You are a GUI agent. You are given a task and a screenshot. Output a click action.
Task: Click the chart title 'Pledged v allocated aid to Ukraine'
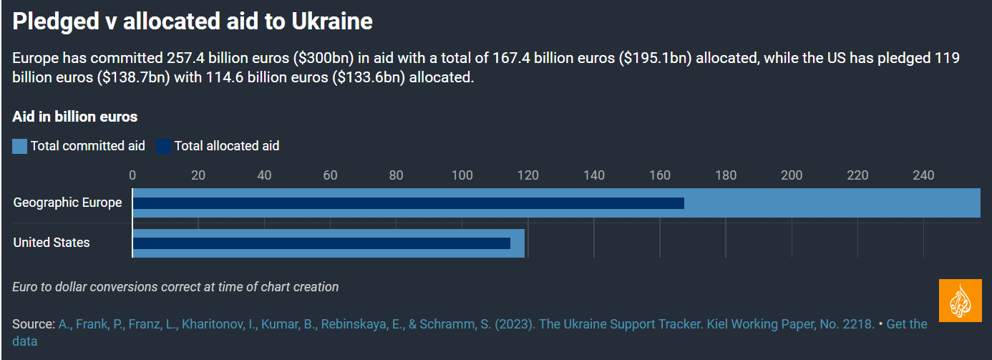193,21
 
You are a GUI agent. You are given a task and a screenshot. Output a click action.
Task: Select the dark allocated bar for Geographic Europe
408,203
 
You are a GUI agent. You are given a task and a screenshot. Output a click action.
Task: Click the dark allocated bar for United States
321,243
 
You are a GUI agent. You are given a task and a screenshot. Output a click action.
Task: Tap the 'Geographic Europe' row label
67,203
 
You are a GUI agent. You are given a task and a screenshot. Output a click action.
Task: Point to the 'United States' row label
52,243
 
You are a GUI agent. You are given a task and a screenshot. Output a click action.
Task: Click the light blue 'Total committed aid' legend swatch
20,146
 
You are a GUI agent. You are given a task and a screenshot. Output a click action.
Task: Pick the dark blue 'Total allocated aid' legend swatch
164,146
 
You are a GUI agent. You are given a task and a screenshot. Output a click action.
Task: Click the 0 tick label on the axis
132,175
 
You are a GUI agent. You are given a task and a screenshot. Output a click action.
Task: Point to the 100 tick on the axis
462,175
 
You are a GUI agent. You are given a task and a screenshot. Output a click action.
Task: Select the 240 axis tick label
923,175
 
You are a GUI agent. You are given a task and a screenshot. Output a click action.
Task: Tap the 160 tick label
660,175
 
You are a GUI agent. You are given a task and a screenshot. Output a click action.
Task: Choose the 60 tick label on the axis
330,175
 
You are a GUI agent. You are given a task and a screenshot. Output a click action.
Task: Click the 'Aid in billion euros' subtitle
75,117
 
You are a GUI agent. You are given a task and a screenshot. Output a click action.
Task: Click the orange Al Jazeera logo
961,301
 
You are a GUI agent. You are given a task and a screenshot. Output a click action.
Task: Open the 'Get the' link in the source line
907,324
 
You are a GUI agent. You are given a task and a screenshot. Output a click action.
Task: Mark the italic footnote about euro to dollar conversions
175,287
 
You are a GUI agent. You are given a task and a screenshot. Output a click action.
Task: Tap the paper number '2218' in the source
857,324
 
